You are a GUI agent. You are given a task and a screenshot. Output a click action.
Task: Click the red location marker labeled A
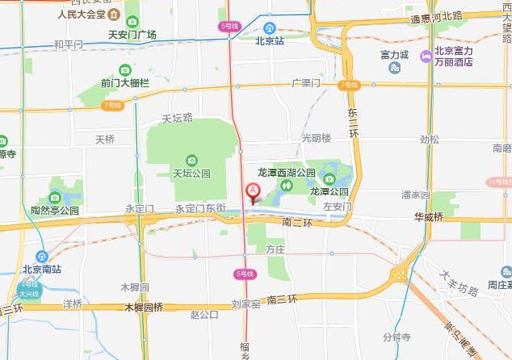click(252, 193)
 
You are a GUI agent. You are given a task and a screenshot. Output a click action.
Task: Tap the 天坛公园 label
click(191, 173)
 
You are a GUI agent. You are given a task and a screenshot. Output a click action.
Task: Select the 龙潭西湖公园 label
click(287, 172)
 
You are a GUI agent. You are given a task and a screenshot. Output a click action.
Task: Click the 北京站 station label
click(269, 40)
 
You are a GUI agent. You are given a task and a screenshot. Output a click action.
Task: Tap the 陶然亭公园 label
click(55, 210)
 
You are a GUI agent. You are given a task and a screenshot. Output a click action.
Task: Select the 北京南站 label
click(41, 270)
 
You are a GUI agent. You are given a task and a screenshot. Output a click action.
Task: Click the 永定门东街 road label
click(199, 208)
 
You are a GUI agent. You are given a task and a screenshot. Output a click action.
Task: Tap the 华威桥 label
click(429, 217)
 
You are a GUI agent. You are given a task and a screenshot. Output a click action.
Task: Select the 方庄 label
click(275, 250)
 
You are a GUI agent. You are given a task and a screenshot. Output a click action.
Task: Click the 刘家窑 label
click(246, 303)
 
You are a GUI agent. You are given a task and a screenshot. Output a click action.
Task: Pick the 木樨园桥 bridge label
click(144, 308)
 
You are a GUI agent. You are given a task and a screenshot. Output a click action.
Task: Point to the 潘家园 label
click(415, 195)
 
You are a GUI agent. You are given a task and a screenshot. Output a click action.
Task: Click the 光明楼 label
click(317, 138)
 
